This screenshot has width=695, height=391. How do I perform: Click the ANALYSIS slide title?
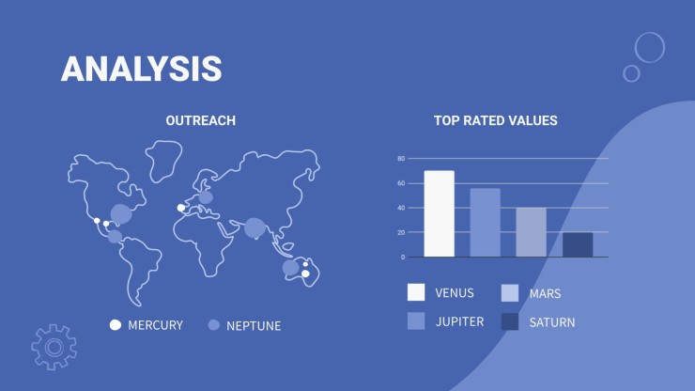(x=142, y=69)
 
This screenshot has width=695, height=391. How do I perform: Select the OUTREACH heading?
(x=201, y=120)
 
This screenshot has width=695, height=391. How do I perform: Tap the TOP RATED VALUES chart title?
(x=496, y=120)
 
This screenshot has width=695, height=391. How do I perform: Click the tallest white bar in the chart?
(x=440, y=213)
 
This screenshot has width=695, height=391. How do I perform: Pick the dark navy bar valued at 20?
(x=578, y=244)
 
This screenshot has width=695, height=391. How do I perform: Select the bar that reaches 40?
(x=531, y=232)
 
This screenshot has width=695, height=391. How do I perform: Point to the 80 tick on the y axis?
(x=401, y=159)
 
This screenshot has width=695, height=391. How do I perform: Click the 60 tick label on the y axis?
(x=401, y=183)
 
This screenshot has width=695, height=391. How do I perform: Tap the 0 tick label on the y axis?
(x=403, y=257)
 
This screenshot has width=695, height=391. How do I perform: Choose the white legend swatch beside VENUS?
(x=416, y=292)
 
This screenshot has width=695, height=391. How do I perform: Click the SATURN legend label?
(x=552, y=322)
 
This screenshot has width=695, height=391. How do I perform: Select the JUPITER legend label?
(x=459, y=321)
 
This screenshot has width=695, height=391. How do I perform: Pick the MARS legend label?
(x=545, y=294)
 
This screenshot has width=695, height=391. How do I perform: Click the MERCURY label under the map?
(x=155, y=325)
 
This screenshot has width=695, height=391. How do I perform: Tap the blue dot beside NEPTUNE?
(x=213, y=325)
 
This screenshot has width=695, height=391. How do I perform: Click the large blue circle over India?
(x=255, y=228)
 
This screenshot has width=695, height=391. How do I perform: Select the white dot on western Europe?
(x=181, y=208)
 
